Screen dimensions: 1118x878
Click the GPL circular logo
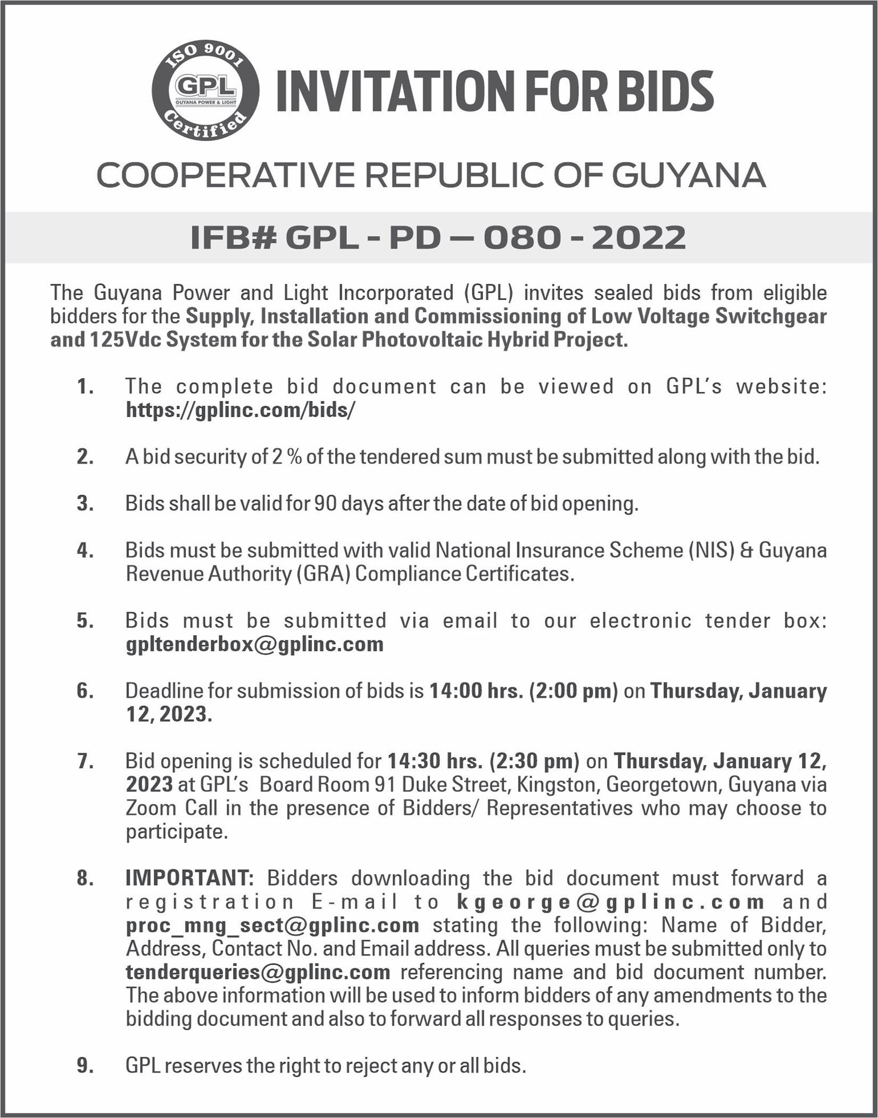point(205,90)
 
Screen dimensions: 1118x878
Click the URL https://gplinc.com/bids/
point(240,410)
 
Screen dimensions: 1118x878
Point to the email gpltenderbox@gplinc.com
point(254,644)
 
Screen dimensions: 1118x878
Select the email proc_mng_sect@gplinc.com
point(272,925)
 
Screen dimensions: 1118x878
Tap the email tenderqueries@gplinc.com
point(258,972)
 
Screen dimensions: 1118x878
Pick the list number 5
point(85,621)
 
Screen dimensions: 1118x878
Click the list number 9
point(85,1066)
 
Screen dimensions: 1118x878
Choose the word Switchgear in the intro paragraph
point(771,316)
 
